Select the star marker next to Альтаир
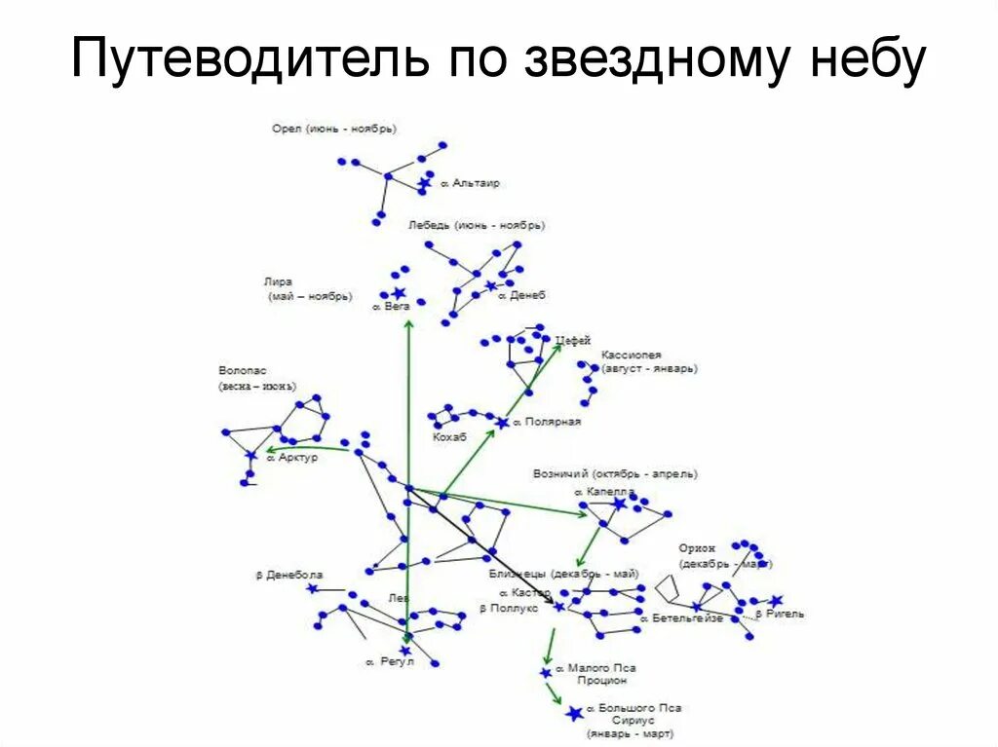click(x=424, y=182)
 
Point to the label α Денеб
click(x=522, y=294)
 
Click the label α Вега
click(x=392, y=306)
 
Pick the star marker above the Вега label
click(x=398, y=292)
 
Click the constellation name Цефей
click(x=573, y=340)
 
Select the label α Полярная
click(x=547, y=422)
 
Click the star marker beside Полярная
click(x=503, y=423)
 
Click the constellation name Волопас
click(x=243, y=371)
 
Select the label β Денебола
click(x=288, y=576)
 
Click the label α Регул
click(x=390, y=661)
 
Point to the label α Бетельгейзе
click(x=682, y=618)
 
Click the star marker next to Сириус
click(x=573, y=714)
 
